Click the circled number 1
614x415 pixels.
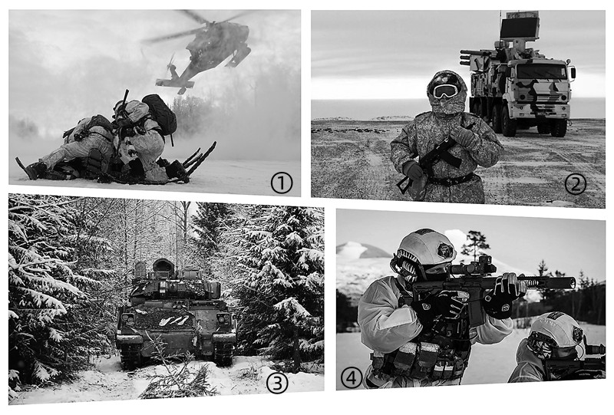tap(282, 183)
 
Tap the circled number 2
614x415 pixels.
tap(575, 184)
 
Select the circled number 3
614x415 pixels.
tap(277, 383)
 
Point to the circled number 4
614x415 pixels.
tap(352, 378)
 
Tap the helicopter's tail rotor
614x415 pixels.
tap(171, 64)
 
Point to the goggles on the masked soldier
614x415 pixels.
tap(445, 91)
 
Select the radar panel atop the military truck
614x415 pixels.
tap(520, 25)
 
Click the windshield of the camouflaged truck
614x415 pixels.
tap(542, 71)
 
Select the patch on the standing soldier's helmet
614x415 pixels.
tap(446, 250)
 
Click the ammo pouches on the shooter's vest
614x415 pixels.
tap(421, 358)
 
